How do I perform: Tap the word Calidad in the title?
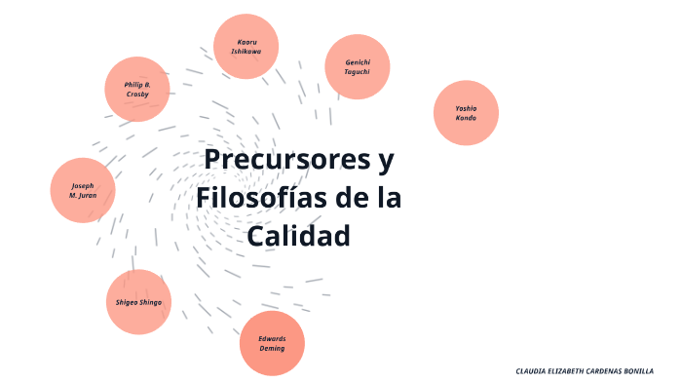click(x=297, y=236)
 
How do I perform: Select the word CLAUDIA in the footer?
click(x=532, y=371)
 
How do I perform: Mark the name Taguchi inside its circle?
click(x=358, y=71)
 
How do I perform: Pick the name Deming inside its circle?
click(x=272, y=347)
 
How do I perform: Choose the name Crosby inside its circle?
click(x=137, y=94)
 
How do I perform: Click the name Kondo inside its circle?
click(x=467, y=118)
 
